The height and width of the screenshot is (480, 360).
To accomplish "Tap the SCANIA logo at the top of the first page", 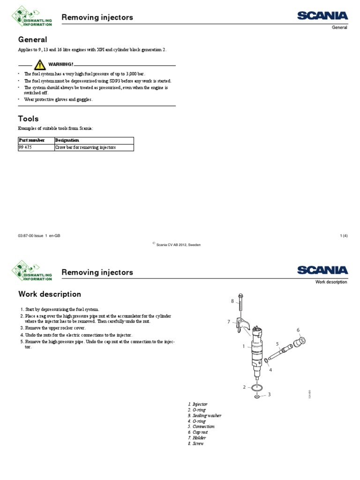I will click(x=322, y=15).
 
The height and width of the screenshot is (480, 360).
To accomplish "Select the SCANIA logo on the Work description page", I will click(x=322, y=270).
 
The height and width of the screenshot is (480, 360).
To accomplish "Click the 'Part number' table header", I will click(x=32, y=140).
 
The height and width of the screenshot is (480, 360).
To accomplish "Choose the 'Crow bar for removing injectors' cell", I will click(x=85, y=147).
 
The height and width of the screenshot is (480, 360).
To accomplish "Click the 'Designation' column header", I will click(x=67, y=140).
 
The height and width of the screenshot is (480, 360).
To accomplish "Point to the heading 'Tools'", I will click(x=28, y=119).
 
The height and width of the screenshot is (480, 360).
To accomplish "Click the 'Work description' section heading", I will click(x=49, y=294).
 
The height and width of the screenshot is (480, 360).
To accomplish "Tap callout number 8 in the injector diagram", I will click(x=232, y=301).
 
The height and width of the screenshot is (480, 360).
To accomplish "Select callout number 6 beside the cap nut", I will click(x=298, y=330).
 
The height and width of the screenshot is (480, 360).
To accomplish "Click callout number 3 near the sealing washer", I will click(x=269, y=395).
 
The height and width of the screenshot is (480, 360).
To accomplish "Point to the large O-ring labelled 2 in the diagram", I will click(x=256, y=387).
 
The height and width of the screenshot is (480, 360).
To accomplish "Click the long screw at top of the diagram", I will click(x=240, y=305).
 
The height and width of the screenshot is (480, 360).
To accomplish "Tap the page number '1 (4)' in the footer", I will click(x=343, y=236).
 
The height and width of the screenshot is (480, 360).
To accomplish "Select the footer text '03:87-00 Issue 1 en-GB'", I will click(x=39, y=236).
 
